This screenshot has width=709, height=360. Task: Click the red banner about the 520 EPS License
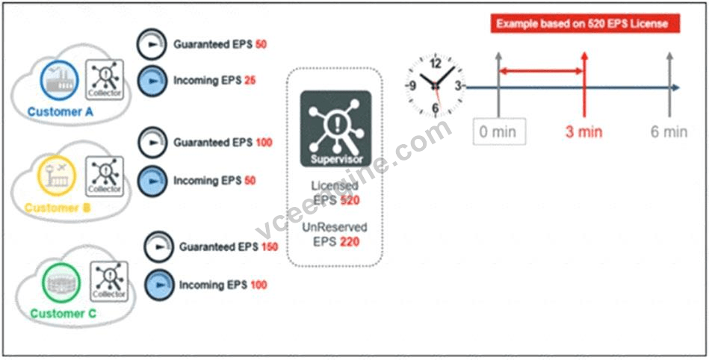585,23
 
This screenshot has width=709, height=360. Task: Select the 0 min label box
499,131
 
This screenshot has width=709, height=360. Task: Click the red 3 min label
583,132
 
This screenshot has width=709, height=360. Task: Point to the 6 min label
669,132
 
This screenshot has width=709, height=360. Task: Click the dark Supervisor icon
335,129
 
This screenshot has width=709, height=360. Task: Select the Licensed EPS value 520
350,200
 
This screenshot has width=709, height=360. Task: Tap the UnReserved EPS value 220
350,242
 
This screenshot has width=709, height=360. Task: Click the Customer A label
60,112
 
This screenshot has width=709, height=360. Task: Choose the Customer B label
57,208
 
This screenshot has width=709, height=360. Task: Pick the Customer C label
64,314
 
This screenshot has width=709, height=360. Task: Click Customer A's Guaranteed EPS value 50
261,44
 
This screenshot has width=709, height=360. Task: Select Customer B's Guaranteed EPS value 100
264,143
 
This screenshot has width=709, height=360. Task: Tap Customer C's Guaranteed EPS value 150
270,247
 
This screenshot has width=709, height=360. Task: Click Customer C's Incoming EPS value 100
258,285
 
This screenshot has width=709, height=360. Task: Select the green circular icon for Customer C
61,284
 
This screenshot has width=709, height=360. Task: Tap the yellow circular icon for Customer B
57,176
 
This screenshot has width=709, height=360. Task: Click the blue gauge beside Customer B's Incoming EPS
152,181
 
